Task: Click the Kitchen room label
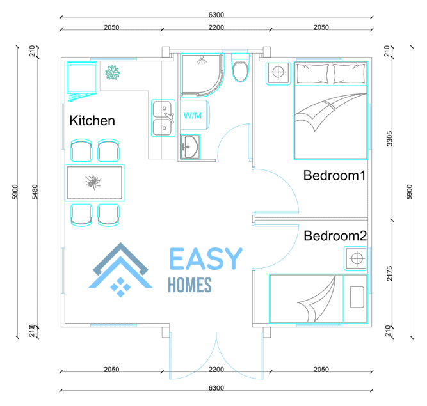coord(92,120)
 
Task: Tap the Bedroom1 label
coord(334,175)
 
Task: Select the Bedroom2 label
coord(335,236)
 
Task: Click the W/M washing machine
coord(195,115)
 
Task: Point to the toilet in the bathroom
coord(241,68)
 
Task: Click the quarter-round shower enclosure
coord(202,75)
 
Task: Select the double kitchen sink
coord(163,118)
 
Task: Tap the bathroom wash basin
coord(190,147)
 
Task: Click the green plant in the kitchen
coord(112,73)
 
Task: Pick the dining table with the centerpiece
coord(95,182)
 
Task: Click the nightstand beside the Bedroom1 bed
coord(278,74)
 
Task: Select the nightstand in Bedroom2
coord(355,258)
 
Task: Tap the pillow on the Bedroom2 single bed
coord(357,297)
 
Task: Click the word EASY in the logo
coord(205,258)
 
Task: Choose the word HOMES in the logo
coord(189,285)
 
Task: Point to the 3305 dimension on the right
coord(389,138)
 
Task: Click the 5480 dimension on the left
coord(35,192)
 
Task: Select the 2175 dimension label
coord(389,273)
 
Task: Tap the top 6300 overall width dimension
coord(216,15)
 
